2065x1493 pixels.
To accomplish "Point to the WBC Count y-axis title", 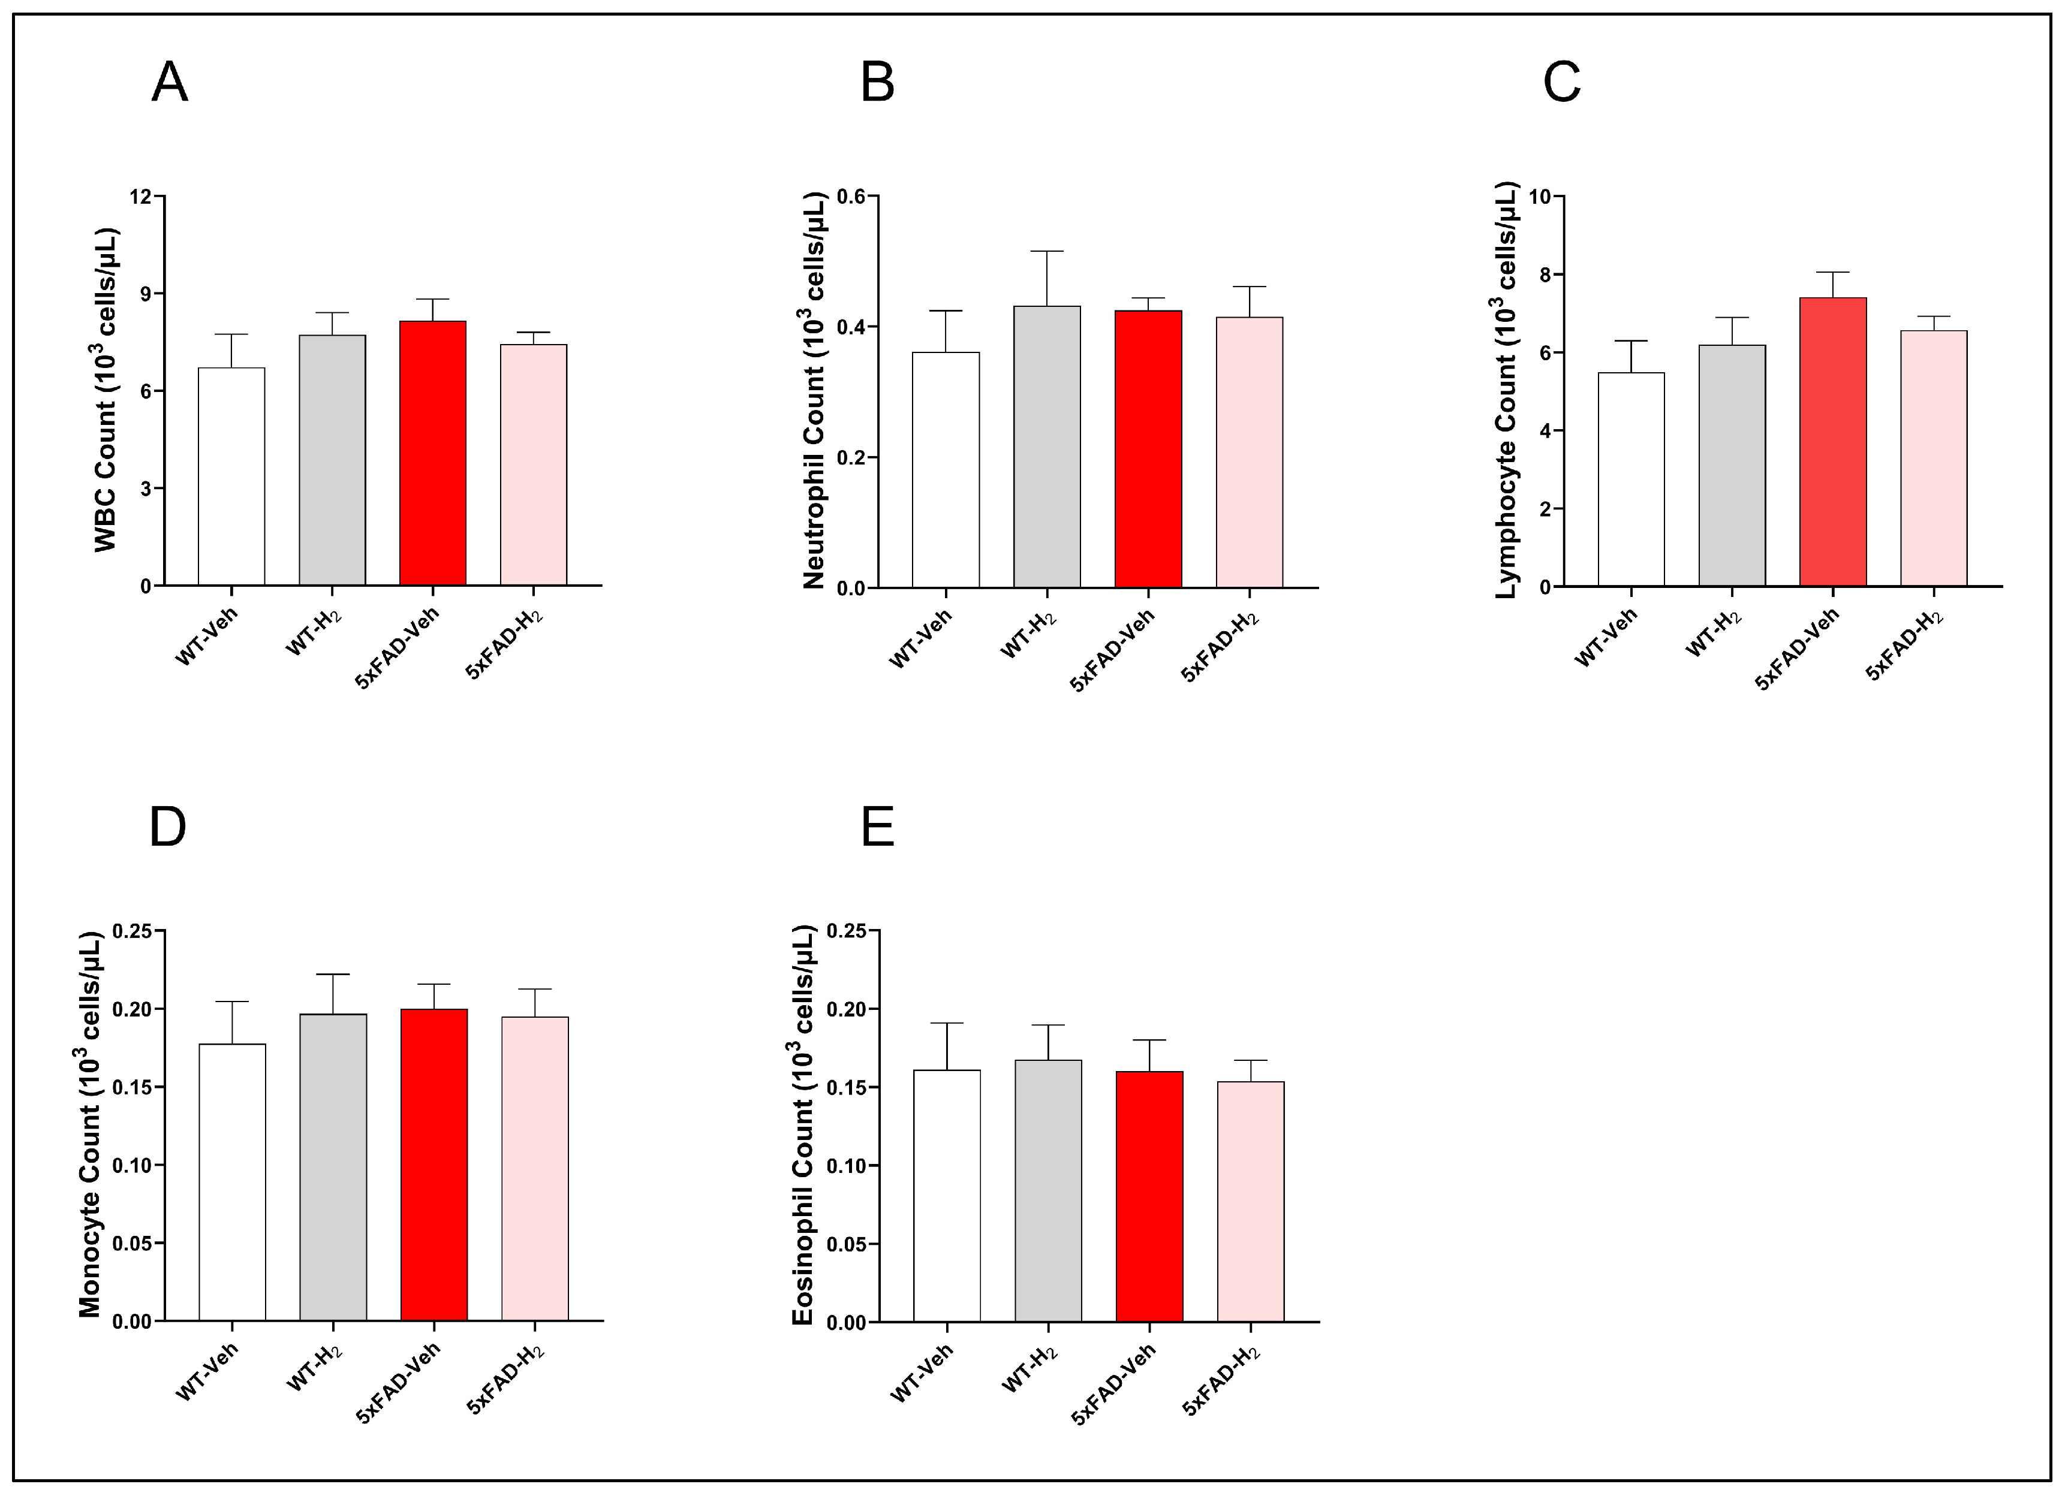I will pyautogui.click(x=107, y=390).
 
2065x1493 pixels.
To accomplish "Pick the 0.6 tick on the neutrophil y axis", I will pyautogui.click(x=851, y=197).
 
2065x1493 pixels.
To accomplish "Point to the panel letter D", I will pyautogui.click(x=167, y=827).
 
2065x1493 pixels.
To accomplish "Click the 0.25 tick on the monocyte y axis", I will pyautogui.click(x=132, y=931).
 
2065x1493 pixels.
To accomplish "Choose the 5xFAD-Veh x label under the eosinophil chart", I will pyautogui.click(x=1113, y=1384).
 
